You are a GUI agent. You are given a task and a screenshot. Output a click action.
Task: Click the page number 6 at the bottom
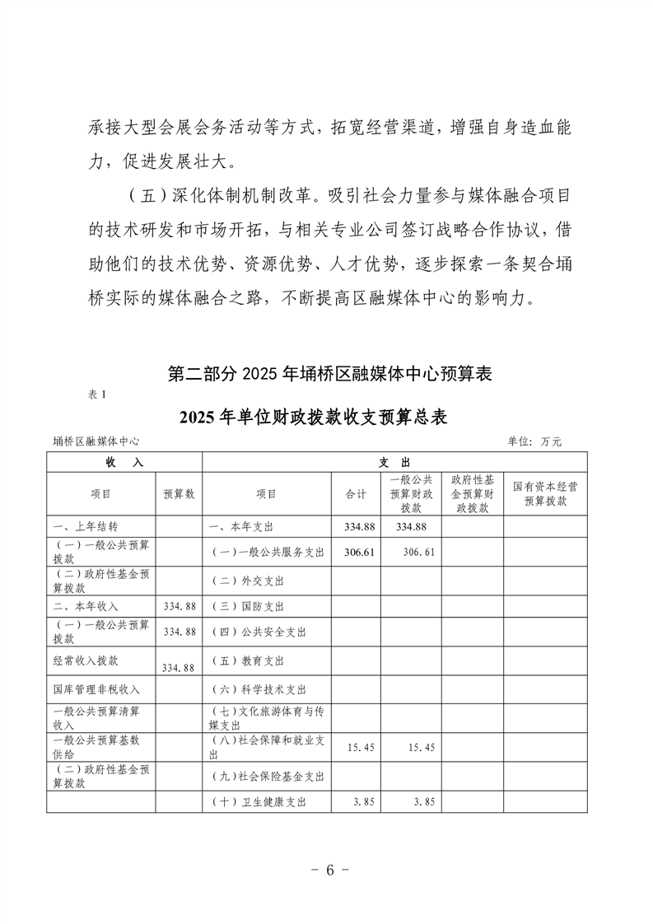tap(327, 871)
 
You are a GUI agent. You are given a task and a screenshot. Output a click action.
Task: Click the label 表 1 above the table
tap(97, 394)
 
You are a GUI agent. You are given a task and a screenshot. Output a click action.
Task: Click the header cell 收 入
tap(124, 462)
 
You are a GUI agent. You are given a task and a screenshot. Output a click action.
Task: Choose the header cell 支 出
tap(394, 462)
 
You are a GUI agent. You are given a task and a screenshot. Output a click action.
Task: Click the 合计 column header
tap(356, 493)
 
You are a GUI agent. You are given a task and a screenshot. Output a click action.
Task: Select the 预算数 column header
tap(179, 493)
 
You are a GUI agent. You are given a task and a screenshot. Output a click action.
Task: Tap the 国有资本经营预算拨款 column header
tap(545, 493)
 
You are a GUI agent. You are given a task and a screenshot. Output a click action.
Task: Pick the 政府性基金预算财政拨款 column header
tap(472, 493)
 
